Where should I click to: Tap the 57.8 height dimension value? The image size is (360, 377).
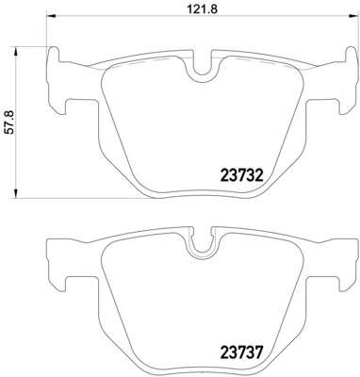[x=10, y=122]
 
